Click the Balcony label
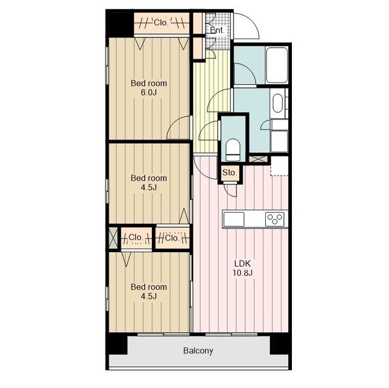198,350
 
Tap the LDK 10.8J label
242,268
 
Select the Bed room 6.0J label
149,88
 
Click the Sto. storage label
229,172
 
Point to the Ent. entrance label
217,30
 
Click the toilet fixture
233,149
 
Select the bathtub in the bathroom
277,65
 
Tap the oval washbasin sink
278,103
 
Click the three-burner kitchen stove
274,219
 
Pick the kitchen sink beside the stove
234,219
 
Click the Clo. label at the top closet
161,23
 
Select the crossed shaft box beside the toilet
258,159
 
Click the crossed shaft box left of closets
113,238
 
